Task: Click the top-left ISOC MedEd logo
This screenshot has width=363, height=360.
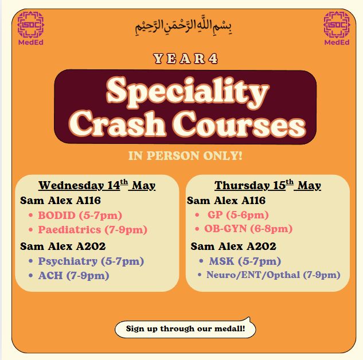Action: pyautogui.click(x=31, y=28)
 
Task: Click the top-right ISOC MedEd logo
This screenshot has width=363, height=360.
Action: pyautogui.click(x=337, y=28)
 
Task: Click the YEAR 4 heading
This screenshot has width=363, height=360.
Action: pyautogui.click(x=185, y=58)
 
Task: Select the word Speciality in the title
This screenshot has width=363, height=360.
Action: pyautogui.click(x=188, y=92)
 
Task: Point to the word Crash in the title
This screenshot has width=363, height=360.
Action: pyautogui.click(x=118, y=123)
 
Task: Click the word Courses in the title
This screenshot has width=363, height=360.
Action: pyautogui.click(x=239, y=124)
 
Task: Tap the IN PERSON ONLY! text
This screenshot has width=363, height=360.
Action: pyautogui.click(x=185, y=155)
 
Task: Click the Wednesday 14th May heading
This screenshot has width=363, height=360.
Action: pyautogui.click(x=97, y=185)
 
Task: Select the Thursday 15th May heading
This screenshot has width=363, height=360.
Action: pyautogui.click(x=268, y=185)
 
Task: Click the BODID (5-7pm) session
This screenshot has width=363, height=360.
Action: pyautogui.click(x=80, y=216)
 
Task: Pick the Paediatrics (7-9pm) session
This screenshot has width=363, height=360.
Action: pyautogui.click(x=92, y=230)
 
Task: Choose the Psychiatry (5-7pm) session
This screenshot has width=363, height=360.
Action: pyautogui.click(x=91, y=261)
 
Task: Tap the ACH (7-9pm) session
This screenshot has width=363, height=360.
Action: pyautogui.click(x=73, y=276)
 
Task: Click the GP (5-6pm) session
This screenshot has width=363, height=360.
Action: pyautogui.click(x=238, y=215)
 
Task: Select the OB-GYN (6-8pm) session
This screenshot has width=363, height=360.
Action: pyautogui.click(x=248, y=229)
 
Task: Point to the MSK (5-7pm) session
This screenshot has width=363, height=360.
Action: pyautogui.click(x=245, y=261)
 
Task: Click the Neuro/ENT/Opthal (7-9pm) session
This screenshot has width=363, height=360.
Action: pyautogui.click(x=273, y=275)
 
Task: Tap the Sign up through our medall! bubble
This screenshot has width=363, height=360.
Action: pyautogui.click(x=185, y=328)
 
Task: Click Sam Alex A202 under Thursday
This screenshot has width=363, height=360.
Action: pyautogui.click(x=233, y=246)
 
